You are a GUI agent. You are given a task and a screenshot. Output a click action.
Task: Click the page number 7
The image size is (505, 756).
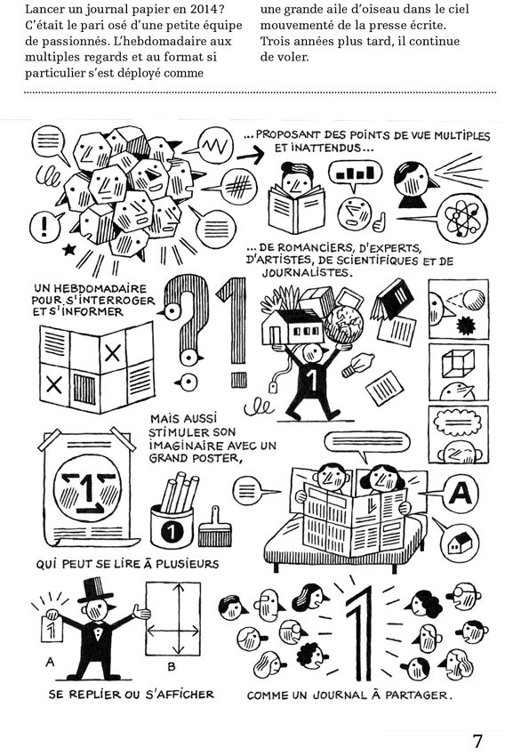[477, 740]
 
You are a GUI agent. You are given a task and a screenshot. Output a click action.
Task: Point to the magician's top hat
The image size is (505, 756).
[97, 589]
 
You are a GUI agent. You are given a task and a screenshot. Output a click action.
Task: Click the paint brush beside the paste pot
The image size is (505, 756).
[214, 527]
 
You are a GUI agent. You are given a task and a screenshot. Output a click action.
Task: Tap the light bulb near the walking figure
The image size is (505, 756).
[357, 365]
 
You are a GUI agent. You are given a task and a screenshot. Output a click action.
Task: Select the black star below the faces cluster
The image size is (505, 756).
[69, 249]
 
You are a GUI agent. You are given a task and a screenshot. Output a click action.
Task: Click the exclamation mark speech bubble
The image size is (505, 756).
[46, 225]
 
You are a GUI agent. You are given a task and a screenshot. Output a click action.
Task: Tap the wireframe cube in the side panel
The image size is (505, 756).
[458, 363]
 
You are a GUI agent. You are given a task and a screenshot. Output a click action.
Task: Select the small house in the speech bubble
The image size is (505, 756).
[460, 543]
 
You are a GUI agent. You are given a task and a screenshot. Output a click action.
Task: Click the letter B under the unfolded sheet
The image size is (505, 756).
[172, 667]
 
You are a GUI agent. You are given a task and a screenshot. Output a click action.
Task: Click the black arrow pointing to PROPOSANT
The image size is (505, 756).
[251, 154]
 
